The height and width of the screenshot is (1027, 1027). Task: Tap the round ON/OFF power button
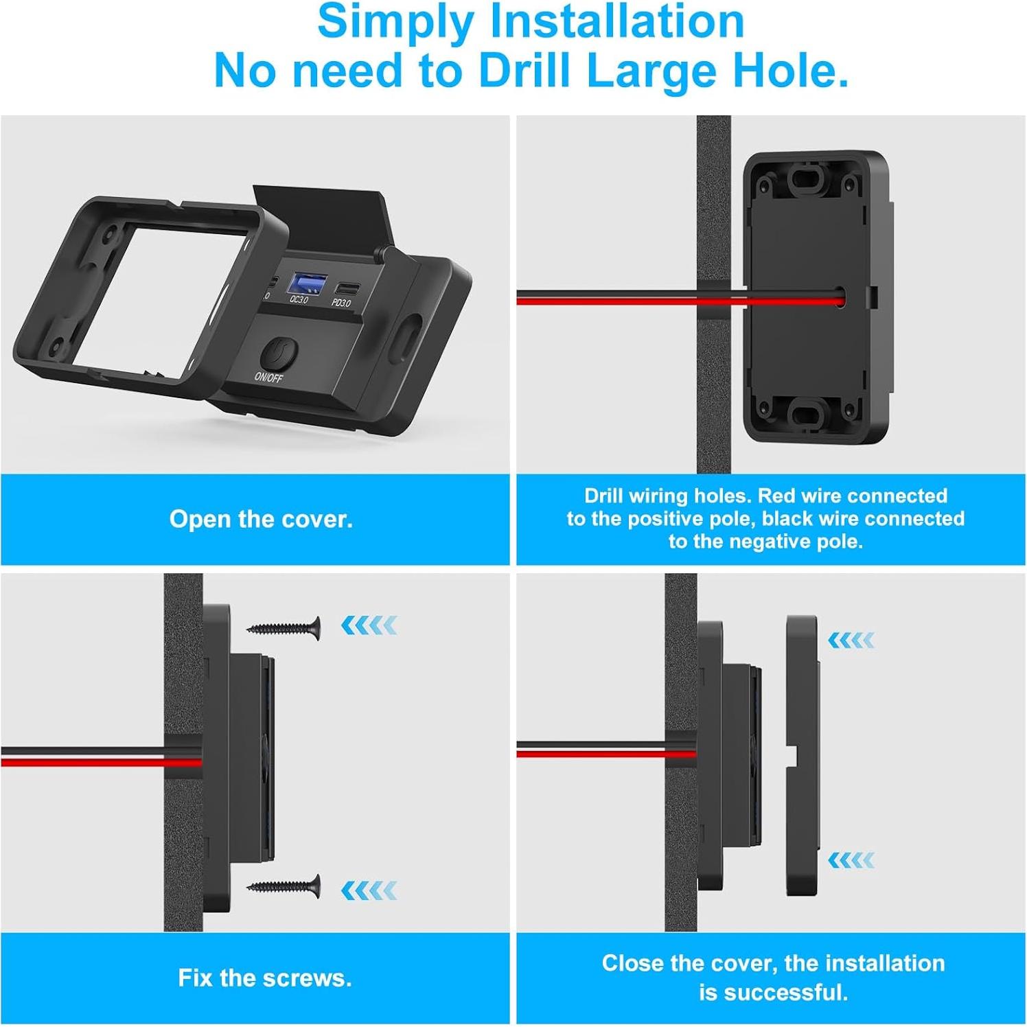pos(278,354)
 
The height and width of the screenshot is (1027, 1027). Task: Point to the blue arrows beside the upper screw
pos(369,625)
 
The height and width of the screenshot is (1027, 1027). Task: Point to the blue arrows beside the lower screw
pos(369,890)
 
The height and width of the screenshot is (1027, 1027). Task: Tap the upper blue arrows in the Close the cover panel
pos(851,641)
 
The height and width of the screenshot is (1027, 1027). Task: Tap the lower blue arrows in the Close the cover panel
pos(851,860)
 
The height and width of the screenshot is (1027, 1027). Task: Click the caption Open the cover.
pos(261,519)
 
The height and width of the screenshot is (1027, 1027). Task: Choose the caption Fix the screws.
pos(265,978)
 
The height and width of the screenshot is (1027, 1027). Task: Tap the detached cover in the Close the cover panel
pos(802,755)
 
